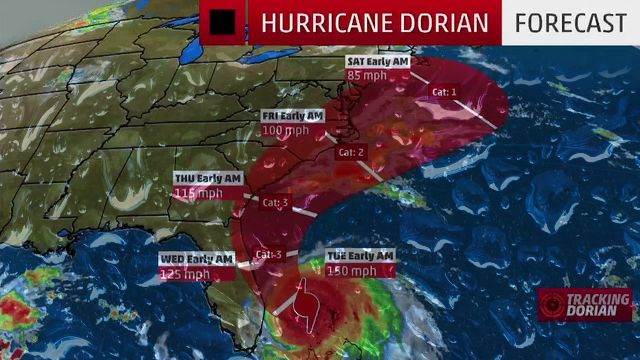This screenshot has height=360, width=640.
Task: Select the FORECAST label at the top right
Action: coord(571,23)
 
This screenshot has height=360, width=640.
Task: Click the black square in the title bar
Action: coord(222,22)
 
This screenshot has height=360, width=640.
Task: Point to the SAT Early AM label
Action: coord(378,62)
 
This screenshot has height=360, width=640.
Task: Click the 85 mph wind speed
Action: coord(367,76)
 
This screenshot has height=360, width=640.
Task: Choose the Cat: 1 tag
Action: coord(444,92)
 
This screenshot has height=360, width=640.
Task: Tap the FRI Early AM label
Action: coord(293,116)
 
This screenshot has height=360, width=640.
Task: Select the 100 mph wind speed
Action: coord(286,130)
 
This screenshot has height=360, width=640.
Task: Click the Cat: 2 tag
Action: coord(351,152)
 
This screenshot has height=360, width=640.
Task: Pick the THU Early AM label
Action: coord(208,179)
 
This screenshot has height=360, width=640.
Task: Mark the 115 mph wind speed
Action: coord(199,193)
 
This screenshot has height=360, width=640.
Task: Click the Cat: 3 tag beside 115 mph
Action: coord(275,203)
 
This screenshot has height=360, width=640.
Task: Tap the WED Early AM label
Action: coord(197,259)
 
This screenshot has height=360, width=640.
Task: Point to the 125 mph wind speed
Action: coord(185,274)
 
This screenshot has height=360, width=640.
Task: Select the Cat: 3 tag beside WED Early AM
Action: coord(269,255)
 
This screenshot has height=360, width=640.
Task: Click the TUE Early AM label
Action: coord(360,256)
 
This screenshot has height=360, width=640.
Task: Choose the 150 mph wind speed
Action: coord(352,271)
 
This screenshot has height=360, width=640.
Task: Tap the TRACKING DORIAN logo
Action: coord(585,305)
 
